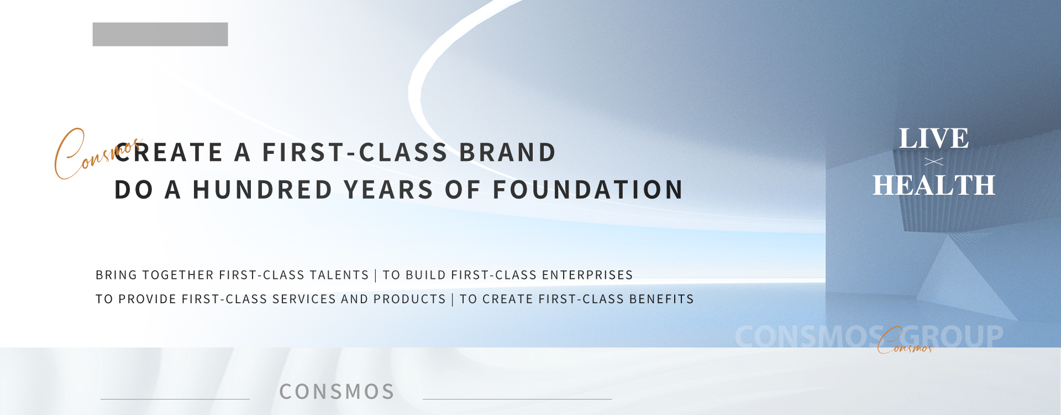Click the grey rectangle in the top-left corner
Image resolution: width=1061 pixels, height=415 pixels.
[x=160, y=34]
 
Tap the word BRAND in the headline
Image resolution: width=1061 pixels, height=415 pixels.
[x=507, y=153]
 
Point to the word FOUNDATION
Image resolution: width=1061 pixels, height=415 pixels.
[x=588, y=190]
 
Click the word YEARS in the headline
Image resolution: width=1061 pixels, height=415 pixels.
[x=388, y=190]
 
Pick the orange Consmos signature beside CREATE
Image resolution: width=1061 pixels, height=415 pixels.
[x=97, y=154]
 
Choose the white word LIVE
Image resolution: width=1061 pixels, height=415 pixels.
[x=934, y=138]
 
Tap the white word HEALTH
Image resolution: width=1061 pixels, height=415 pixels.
[x=934, y=185]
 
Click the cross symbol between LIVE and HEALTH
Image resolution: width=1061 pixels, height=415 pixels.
[x=934, y=162]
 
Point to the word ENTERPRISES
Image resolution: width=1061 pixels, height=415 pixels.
[x=587, y=275]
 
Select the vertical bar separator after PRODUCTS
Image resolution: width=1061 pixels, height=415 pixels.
[x=453, y=299]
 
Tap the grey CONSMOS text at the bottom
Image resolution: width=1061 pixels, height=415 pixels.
[x=337, y=392]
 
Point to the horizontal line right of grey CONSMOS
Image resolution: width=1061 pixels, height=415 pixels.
[x=517, y=399]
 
